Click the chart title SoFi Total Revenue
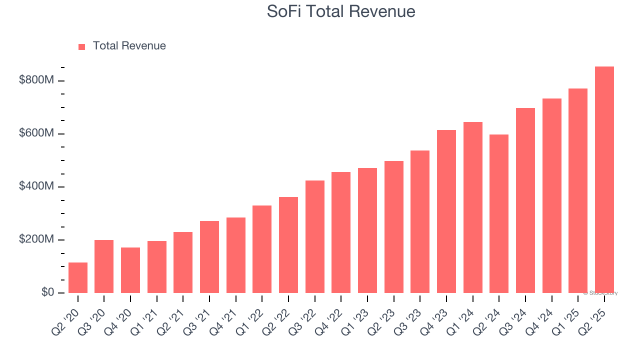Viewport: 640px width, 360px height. coord(341,11)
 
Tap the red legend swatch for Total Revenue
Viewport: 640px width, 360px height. coord(82,46)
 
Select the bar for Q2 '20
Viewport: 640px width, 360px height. coord(78,277)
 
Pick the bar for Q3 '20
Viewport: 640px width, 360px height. coord(104,266)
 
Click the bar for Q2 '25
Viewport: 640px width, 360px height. coord(604,180)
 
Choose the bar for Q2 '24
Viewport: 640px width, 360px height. coord(499,213)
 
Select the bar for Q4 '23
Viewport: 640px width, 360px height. coord(446,211)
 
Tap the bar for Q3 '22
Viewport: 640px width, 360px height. coord(315,236)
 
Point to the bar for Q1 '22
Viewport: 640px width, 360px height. coord(262,249)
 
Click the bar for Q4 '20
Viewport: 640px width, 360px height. coord(130,270)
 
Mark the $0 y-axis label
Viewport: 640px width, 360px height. coord(47,292)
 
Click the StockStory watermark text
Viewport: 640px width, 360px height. coord(600,293)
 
